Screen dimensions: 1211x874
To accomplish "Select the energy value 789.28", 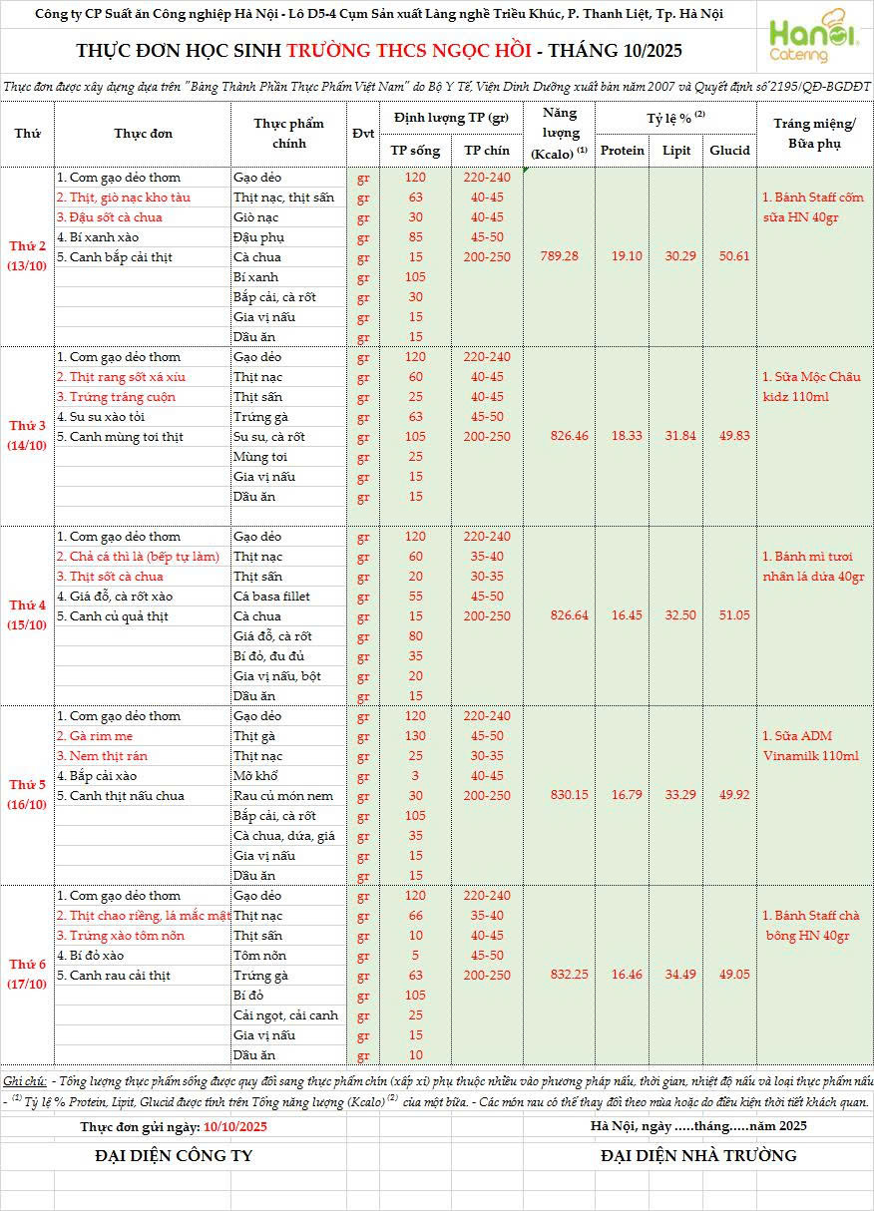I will click(560, 256).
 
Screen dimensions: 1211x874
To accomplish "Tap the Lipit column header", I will click(676, 151).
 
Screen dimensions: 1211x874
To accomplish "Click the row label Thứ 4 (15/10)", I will click(28, 615).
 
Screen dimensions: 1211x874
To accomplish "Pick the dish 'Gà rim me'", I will click(95, 736).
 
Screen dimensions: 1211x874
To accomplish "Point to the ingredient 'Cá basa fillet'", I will click(271, 597).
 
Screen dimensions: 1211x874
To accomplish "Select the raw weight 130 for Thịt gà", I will click(416, 736).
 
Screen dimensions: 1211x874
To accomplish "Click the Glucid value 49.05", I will click(729, 975).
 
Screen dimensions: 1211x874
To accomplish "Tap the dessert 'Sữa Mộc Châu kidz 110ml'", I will click(810, 387).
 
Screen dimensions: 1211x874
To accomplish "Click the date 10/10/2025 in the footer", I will click(235, 1126).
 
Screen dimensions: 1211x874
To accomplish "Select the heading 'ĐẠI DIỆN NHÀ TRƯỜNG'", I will click(698, 1155).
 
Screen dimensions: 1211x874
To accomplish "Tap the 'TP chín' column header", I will click(487, 151).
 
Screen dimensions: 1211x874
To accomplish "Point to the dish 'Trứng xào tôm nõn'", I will click(120, 936).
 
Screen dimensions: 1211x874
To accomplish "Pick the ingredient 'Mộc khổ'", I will click(255, 776).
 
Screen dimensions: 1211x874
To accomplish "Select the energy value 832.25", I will click(560, 975).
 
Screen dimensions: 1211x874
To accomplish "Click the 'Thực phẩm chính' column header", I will click(288, 134).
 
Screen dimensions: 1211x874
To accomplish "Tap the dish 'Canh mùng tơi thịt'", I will click(120, 437).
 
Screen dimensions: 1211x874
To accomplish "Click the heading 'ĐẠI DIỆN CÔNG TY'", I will click(174, 1155).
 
